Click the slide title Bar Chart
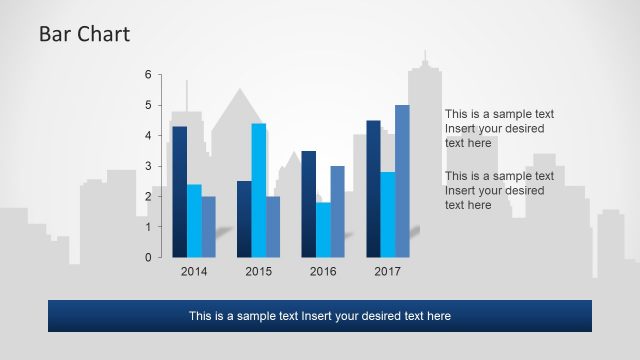point(84,34)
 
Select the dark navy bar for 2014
point(180,191)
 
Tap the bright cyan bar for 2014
point(194,220)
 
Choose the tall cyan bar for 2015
point(258,190)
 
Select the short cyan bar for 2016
point(323,229)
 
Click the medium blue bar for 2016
point(337,211)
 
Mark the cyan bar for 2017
point(387,214)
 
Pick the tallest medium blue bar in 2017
point(402,181)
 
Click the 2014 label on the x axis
point(194,271)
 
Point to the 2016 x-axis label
point(323,271)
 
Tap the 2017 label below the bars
point(387,271)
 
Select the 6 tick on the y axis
point(147,75)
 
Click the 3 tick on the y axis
point(147,166)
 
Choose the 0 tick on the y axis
point(147,257)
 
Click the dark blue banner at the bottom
point(320,316)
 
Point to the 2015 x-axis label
point(258,271)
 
